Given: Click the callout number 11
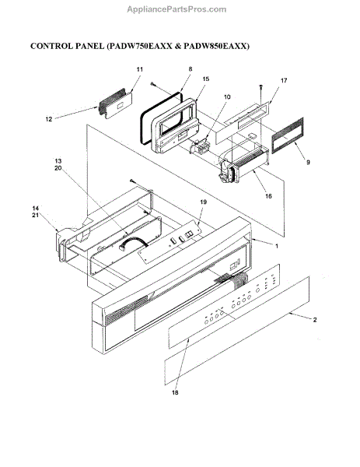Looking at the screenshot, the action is [139, 69].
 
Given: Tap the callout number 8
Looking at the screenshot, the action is [190, 69].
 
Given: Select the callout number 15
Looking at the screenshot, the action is [205, 79].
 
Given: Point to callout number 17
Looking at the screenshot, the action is [284, 80].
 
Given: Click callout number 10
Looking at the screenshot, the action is [227, 97].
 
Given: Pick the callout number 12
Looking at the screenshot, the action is [49, 119].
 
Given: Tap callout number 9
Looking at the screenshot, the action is [308, 163].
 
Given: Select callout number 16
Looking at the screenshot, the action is [268, 196].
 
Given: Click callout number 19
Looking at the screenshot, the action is [203, 202].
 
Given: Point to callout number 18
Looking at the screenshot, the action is [175, 392].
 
